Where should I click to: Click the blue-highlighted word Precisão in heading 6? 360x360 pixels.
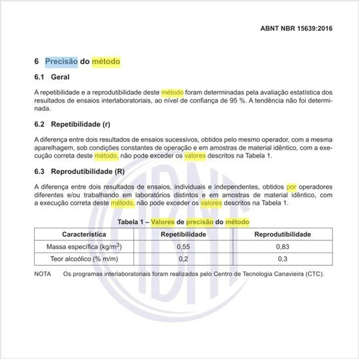62,62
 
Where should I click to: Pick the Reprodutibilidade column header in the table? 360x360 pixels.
282,234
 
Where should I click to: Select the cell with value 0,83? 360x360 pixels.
282,246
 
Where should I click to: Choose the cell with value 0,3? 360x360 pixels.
282,259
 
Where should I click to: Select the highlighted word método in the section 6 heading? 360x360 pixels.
106,62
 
